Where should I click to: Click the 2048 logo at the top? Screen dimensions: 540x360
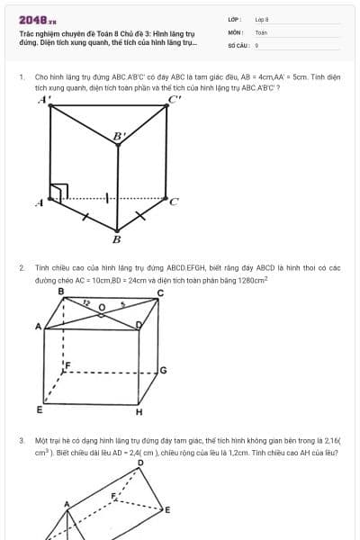point(37,19)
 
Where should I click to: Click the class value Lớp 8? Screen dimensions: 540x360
point(262,19)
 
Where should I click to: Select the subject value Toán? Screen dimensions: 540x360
point(261,31)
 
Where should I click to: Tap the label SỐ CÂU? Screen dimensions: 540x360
point(238,44)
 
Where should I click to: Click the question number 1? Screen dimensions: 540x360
point(21,77)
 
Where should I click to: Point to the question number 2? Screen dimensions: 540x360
point(21,267)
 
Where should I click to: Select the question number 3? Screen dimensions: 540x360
point(21,440)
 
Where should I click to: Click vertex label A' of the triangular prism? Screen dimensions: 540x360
point(43,100)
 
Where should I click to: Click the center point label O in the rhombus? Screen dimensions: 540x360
point(102,307)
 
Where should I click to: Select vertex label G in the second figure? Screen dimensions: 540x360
point(163,370)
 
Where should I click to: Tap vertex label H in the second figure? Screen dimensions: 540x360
point(139,412)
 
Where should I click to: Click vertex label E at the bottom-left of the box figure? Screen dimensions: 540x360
point(40,409)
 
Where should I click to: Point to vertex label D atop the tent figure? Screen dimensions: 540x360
point(139,463)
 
